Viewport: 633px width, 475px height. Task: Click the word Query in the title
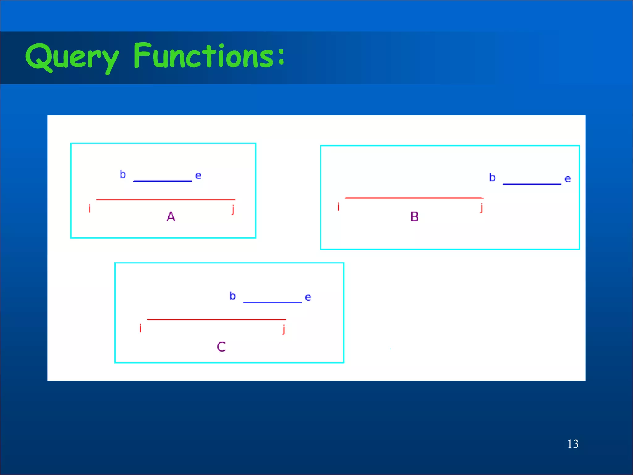72,57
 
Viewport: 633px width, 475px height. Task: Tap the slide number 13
573,444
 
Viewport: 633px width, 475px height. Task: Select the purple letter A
171,216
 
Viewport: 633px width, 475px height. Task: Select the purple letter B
414,216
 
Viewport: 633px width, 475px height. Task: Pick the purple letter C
221,347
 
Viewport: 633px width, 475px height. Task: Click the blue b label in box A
123,174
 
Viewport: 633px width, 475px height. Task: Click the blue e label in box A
198,176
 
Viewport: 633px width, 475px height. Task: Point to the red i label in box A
90,209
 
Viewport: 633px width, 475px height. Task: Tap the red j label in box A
233,209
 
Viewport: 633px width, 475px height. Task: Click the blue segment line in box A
162,181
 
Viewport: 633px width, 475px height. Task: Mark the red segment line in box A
166,200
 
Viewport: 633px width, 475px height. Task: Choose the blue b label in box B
492,178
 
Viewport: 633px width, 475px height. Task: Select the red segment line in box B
414,197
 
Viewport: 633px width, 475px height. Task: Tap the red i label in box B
338,207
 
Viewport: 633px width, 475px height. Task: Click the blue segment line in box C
272,302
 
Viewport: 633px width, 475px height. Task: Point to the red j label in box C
284,329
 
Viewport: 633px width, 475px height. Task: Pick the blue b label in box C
232,296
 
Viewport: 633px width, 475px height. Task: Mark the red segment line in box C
216,319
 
